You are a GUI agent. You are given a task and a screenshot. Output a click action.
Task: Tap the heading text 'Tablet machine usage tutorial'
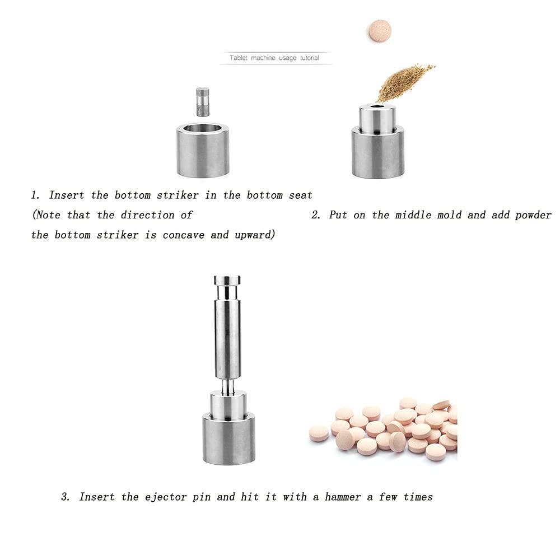(x=274, y=58)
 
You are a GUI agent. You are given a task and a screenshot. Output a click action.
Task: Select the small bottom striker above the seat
(x=202, y=101)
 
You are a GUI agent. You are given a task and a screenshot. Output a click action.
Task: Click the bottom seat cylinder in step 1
(x=202, y=151)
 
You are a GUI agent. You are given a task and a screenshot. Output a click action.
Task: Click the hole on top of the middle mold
(x=377, y=106)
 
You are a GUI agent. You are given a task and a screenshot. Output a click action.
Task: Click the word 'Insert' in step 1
(x=66, y=195)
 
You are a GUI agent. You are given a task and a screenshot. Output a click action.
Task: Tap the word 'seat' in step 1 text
(x=298, y=195)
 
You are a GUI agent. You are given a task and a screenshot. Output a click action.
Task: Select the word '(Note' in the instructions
(x=46, y=215)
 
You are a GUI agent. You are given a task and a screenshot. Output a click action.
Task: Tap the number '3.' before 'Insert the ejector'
(x=66, y=497)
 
